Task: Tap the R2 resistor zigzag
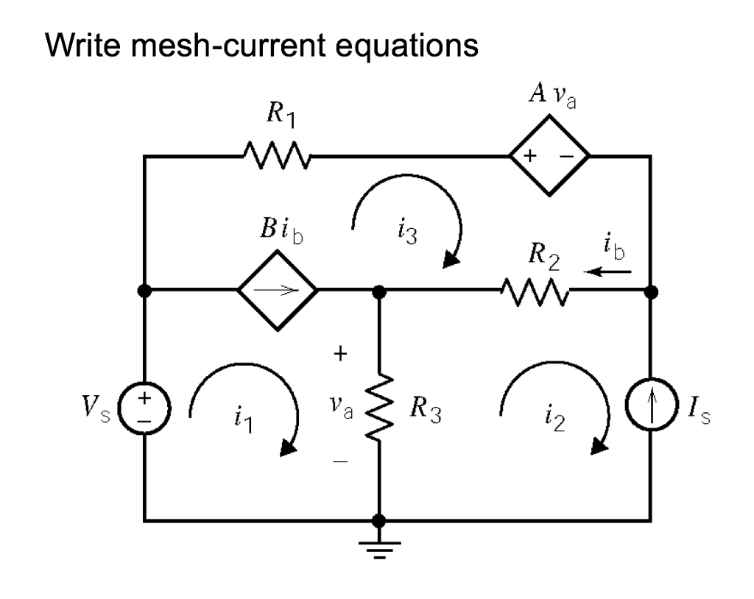(x=534, y=291)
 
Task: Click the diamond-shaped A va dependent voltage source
(x=549, y=156)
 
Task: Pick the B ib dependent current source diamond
(x=278, y=291)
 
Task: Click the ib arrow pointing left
(x=607, y=271)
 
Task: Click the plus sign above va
(x=339, y=355)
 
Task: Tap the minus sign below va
(x=338, y=461)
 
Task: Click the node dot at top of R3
(x=378, y=291)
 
